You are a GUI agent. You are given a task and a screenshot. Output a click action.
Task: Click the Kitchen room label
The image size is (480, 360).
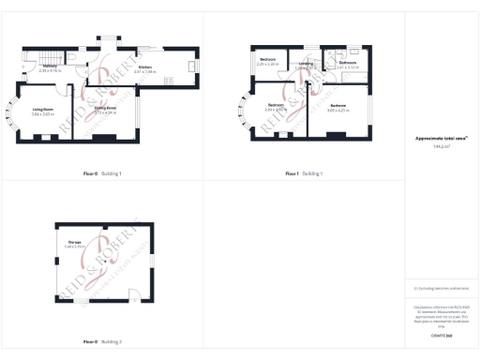(x=144, y=67)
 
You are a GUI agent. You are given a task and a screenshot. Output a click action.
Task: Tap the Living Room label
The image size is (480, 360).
(x=42, y=110)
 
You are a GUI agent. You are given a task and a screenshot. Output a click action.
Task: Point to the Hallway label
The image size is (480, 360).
(x=51, y=67)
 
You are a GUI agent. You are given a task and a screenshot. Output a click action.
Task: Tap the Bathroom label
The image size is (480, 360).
(x=348, y=63)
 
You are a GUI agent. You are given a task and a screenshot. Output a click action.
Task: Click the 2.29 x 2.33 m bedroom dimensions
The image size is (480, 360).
(x=268, y=65)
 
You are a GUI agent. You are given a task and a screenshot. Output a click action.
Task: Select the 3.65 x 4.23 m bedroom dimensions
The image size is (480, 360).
(x=339, y=110)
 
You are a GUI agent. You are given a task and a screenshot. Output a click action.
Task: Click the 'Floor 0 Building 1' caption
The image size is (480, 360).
(x=102, y=173)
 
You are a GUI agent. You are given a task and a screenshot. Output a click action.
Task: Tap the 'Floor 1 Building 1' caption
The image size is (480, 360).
(x=304, y=173)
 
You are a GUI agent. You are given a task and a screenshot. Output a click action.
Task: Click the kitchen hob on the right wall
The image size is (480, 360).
(x=191, y=65)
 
